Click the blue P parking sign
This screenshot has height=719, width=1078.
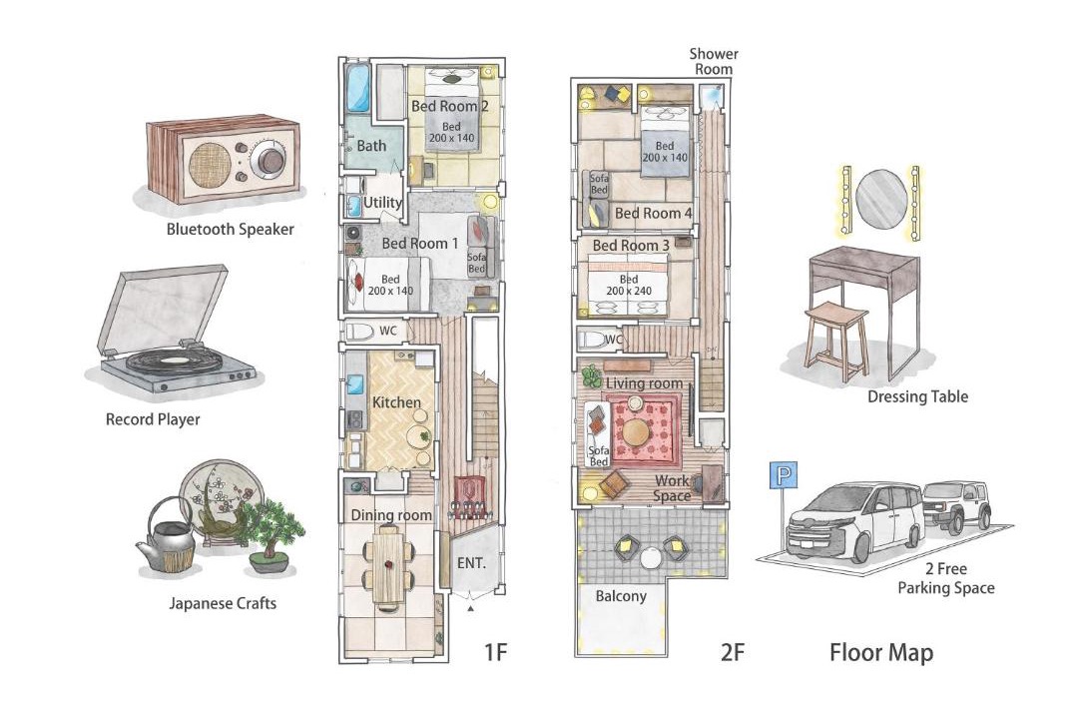click(783, 475)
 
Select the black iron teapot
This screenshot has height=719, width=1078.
click(168, 536)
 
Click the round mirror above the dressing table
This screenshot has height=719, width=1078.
click(881, 199)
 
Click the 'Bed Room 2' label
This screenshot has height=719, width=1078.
click(449, 106)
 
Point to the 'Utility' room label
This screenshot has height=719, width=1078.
click(381, 203)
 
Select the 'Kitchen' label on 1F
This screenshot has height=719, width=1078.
click(396, 402)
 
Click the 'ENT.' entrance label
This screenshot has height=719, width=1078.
click(471, 563)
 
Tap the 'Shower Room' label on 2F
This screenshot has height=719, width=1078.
click(714, 61)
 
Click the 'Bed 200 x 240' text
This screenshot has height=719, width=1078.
click(629, 285)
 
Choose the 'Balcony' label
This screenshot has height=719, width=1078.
click(621, 596)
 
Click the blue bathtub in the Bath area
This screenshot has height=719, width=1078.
click(358, 88)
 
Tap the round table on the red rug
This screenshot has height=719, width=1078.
click(635, 432)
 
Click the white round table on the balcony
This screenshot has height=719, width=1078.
click(650, 556)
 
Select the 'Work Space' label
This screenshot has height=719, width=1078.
click(672, 487)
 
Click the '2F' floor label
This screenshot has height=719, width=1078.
click(733, 651)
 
